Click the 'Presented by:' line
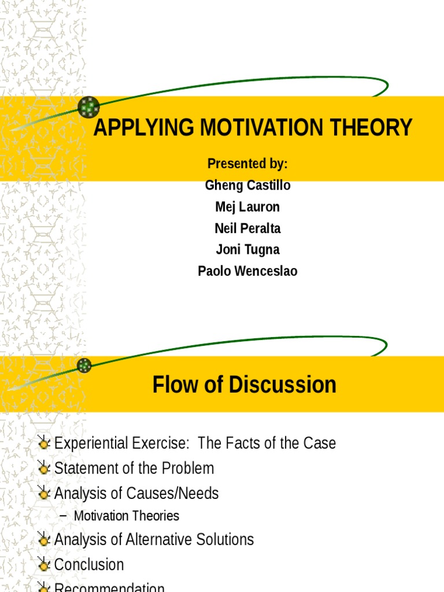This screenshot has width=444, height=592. (x=247, y=164)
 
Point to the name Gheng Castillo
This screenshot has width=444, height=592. (x=247, y=186)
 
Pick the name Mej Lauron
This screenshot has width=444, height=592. (x=247, y=207)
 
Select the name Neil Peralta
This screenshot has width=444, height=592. (x=247, y=228)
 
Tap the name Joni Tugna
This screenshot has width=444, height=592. (x=247, y=250)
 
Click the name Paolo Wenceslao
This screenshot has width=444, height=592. (x=247, y=271)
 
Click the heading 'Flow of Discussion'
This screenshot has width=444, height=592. (x=244, y=385)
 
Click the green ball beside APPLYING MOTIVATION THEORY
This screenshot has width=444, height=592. (x=88, y=107)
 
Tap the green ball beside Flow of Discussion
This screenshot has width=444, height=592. (x=84, y=365)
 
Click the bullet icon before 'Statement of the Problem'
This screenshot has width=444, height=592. (x=43, y=468)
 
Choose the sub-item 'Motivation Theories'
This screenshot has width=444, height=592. (x=127, y=516)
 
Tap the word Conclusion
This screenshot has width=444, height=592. (x=89, y=564)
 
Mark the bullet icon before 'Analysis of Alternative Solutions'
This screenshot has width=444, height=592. (x=43, y=540)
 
